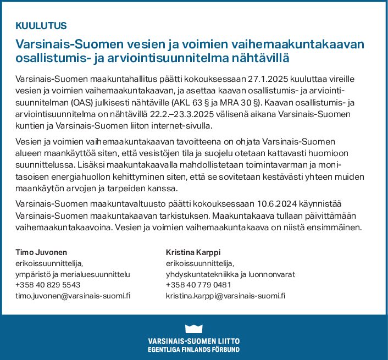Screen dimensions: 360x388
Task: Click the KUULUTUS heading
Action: click(41, 25)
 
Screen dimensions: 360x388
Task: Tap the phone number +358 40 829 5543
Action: click(48, 285)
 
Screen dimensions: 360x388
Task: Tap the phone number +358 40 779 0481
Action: click(198, 285)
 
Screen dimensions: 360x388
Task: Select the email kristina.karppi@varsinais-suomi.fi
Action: click(226, 296)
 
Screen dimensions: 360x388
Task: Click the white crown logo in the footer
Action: click(193, 328)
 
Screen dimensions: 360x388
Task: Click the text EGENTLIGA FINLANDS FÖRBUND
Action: click(193, 349)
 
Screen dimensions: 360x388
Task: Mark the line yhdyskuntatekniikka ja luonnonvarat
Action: click(231, 274)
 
